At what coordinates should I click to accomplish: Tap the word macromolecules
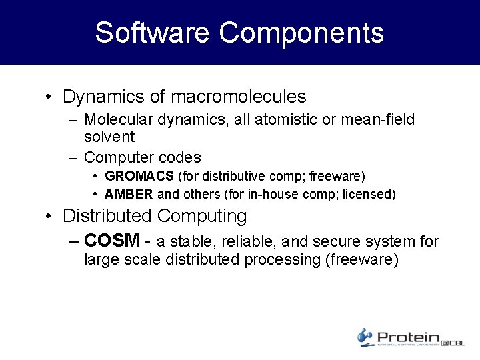(x=239, y=97)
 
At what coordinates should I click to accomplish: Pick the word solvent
(x=109, y=137)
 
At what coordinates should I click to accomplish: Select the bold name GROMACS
(x=138, y=177)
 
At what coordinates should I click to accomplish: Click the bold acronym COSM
(x=113, y=241)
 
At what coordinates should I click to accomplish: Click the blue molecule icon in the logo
(x=364, y=337)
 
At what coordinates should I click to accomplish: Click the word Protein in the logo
(x=408, y=337)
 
